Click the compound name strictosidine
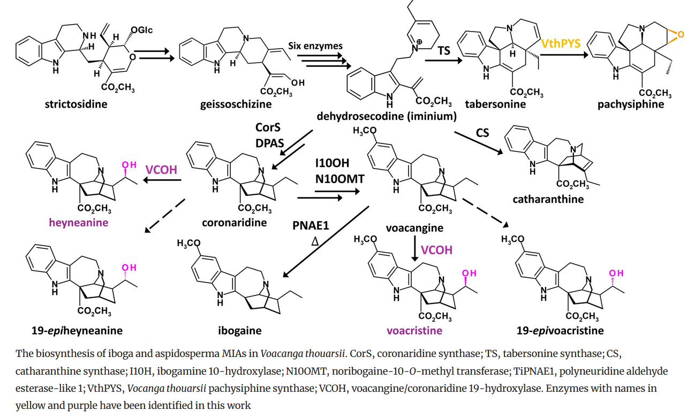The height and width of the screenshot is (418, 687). point(76,104)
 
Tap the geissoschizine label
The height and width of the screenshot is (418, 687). point(236,104)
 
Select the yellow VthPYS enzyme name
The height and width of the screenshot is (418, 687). point(561,43)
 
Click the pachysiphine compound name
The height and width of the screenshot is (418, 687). point(631,104)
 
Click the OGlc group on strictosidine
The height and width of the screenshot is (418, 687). point(142,30)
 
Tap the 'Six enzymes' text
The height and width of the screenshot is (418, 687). point(315,46)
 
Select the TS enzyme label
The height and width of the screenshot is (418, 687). point(444,50)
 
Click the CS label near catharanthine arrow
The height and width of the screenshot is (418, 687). point(482,133)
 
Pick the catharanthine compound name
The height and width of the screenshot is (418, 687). point(548,199)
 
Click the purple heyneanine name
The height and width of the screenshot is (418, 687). point(79,223)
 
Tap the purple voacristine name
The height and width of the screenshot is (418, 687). point(414,331)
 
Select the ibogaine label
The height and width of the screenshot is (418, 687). point(240,331)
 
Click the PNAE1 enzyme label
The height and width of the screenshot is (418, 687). point(311,225)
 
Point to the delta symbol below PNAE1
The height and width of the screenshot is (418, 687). point(315,241)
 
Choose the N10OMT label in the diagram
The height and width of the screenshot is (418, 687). point(340,179)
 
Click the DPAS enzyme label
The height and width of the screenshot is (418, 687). point(270,143)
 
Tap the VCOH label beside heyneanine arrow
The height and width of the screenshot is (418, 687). point(161,170)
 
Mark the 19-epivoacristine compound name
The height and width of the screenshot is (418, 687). point(560,331)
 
